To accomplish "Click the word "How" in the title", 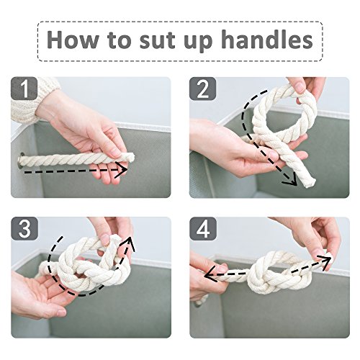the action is (73, 40).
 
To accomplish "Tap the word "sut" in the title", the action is (157, 40).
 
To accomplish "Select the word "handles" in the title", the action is (267, 40).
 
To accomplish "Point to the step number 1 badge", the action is (24, 89).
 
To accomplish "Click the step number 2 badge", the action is (203, 89).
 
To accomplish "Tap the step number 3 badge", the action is (24, 228).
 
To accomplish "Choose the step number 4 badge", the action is (203, 228).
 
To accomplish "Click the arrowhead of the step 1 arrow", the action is (122, 170).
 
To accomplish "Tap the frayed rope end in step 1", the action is (130, 158).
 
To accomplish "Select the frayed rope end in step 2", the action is (308, 182).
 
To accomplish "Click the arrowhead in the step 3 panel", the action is (130, 243).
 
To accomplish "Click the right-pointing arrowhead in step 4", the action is (325, 261).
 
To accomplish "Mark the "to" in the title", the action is (120, 40).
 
